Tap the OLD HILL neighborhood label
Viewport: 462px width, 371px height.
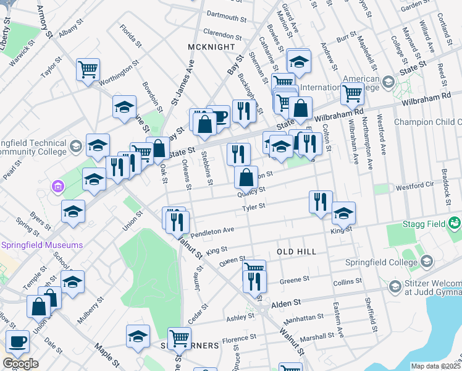(296, 252)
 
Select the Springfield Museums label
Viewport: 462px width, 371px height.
(41, 245)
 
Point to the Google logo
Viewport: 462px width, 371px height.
(20, 364)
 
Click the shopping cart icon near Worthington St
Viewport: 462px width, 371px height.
(88, 69)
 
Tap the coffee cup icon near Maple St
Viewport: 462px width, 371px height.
(17, 340)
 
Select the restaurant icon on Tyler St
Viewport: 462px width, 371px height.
(321, 202)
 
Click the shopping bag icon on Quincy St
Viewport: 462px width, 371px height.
(246, 178)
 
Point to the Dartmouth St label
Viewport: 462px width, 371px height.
(225, 13)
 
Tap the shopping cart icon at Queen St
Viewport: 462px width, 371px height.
(254, 268)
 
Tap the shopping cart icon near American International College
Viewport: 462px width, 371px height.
(352, 94)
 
